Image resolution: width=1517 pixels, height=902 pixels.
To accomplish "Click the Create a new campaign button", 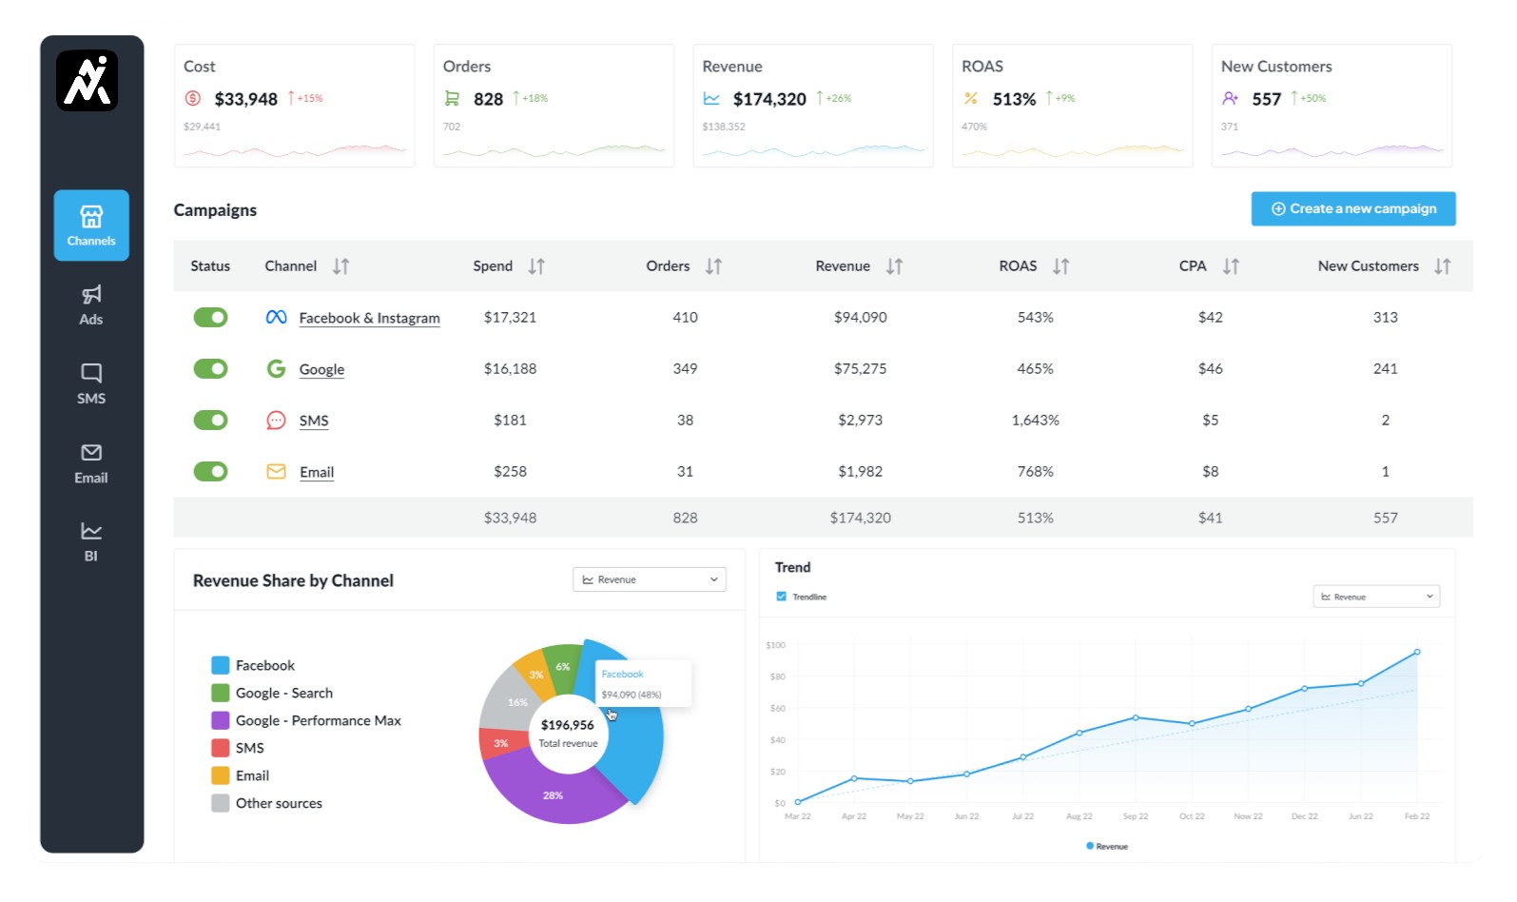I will (1352, 208).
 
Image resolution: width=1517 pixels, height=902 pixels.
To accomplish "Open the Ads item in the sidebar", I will (91, 304).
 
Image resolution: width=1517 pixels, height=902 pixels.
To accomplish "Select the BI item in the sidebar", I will (91, 540).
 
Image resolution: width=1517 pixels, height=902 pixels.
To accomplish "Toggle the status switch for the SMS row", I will (210, 420).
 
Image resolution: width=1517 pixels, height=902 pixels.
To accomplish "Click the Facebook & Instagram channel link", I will (369, 318).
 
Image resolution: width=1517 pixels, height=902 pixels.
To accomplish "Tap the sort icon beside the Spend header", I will (536, 266).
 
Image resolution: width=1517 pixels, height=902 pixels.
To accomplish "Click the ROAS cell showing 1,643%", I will (1035, 420).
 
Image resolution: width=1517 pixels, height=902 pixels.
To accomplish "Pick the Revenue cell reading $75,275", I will (860, 368).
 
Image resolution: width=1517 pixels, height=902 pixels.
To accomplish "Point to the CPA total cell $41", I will (1210, 518).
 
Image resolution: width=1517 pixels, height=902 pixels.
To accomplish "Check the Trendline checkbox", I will (782, 597).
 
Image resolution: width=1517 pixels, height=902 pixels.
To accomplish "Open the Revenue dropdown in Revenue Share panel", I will (649, 579).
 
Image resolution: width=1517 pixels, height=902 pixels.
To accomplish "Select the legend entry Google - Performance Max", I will (318, 720).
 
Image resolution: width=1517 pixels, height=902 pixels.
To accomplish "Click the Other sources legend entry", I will (278, 803).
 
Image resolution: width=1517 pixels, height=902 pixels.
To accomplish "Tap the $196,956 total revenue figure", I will (567, 725).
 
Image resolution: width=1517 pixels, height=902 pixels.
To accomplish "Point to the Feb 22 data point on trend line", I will (1416, 652).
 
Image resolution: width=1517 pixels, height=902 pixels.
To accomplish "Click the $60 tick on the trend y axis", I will (777, 708).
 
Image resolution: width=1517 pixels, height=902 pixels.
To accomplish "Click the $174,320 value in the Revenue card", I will (769, 99).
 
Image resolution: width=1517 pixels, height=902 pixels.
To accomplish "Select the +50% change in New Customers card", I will (1313, 98).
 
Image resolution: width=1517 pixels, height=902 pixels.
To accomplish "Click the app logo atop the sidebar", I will (88, 81).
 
